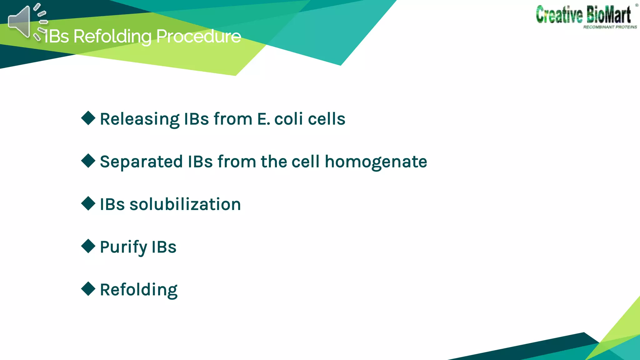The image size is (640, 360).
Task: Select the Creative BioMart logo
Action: click(x=583, y=15)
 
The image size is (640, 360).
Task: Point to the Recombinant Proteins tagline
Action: click(x=610, y=27)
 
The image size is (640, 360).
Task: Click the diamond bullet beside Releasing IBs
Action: click(x=88, y=118)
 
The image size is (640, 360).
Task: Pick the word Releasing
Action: click(x=139, y=119)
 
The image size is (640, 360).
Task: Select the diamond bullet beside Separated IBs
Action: click(x=88, y=161)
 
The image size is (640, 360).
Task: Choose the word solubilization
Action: click(x=185, y=204)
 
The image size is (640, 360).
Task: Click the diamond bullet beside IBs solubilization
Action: click(x=88, y=204)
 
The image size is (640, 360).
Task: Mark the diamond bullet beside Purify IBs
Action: click(x=88, y=246)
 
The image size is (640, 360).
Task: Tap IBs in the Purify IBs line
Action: click(x=164, y=247)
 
